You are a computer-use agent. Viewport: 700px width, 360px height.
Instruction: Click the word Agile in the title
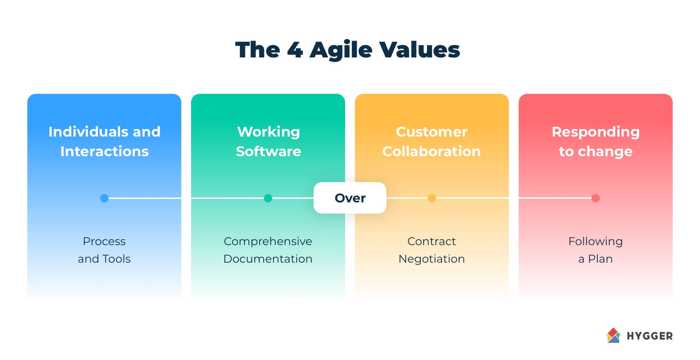pos(341,50)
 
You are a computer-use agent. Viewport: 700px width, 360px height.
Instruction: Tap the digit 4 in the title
pos(295,50)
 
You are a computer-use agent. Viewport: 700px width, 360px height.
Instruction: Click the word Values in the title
pos(420,50)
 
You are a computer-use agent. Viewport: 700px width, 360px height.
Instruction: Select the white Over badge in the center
pos(350,198)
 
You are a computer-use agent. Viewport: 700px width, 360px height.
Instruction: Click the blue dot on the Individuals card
pos(104,198)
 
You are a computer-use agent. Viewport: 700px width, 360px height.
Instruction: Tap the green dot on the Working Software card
pos(268,198)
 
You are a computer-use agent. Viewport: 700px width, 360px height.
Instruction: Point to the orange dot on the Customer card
pos(432,198)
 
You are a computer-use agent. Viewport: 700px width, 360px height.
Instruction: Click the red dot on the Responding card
pos(596,198)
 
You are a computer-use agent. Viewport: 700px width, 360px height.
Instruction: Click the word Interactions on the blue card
pos(104,151)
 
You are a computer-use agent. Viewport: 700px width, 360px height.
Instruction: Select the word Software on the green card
pos(268,151)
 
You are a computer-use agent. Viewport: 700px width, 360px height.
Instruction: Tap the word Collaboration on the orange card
pos(432,151)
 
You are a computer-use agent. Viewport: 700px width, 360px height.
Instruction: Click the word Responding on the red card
pos(596,132)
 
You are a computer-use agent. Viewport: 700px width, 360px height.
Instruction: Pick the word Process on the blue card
pos(104,241)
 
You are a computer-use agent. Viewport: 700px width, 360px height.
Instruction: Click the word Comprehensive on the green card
pos(268,241)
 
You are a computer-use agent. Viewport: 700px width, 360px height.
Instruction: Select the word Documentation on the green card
pos(268,259)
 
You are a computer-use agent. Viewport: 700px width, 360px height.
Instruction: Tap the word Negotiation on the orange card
pos(432,259)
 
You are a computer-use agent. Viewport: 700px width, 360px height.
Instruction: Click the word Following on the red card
pos(596,241)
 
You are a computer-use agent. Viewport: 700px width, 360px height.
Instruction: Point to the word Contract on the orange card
pos(432,241)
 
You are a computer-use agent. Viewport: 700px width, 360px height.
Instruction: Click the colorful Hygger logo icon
pos(613,335)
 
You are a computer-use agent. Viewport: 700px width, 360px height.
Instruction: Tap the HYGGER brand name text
pos(650,336)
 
